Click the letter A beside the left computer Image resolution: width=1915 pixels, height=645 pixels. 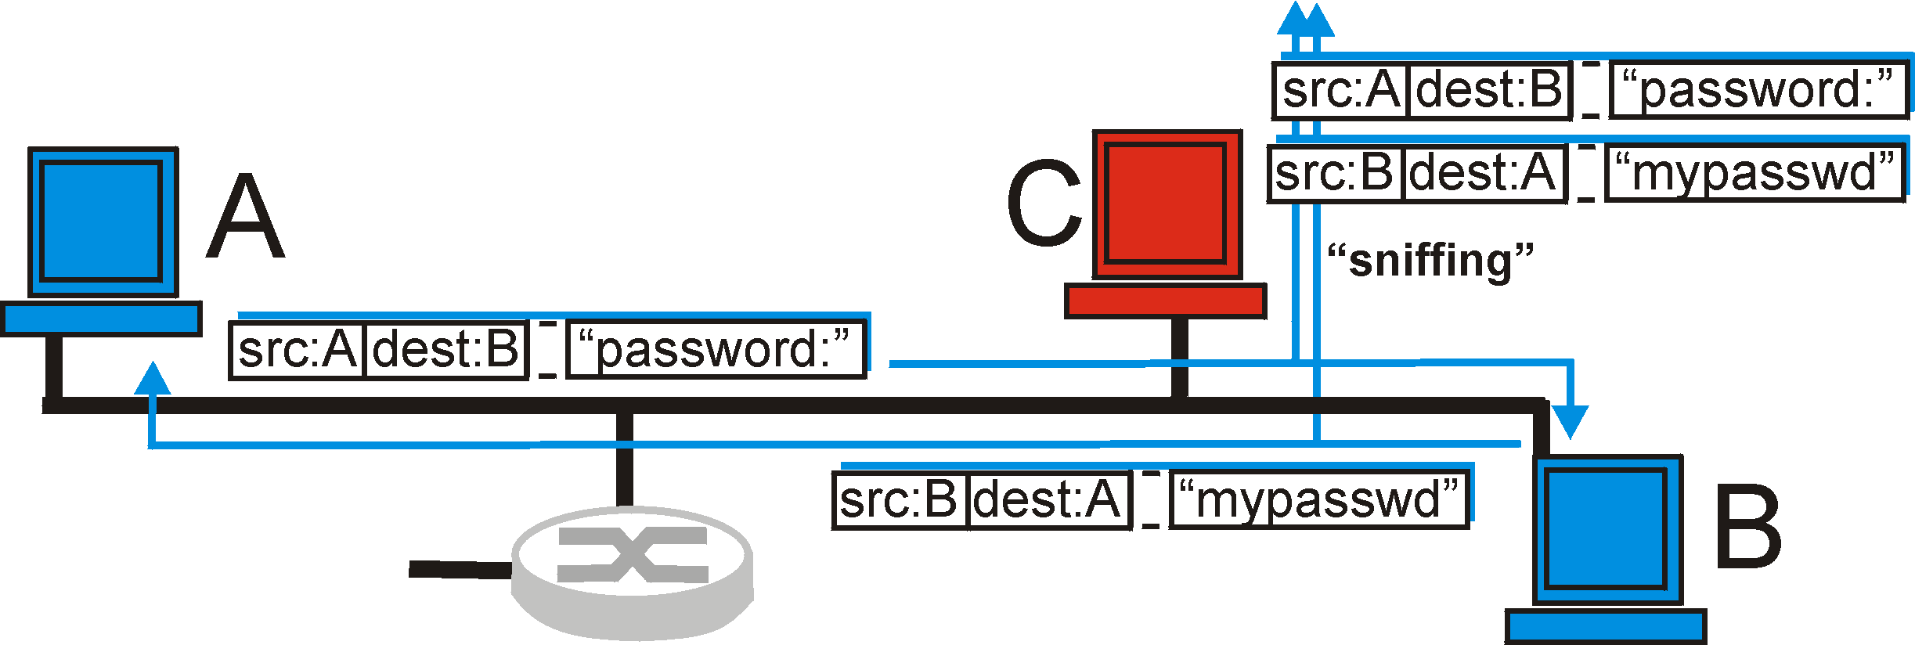(x=245, y=217)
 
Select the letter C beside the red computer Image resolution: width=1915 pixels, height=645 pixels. (x=1044, y=202)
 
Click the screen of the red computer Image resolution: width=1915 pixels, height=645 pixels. (x=1167, y=204)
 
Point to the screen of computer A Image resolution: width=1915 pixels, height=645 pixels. (x=103, y=221)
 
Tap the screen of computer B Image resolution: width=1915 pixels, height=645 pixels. (x=1607, y=528)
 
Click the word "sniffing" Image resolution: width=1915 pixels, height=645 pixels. (x=1430, y=260)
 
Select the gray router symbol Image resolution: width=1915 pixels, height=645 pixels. (x=632, y=571)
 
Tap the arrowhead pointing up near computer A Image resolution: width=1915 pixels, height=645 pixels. (x=153, y=378)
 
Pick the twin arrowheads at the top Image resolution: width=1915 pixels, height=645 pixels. (x=1305, y=19)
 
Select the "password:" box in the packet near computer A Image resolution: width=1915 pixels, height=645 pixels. (x=716, y=349)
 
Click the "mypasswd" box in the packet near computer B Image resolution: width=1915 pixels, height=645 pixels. (x=1319, y=499)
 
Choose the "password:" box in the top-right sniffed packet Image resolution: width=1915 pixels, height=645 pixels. (x=1758, y=89)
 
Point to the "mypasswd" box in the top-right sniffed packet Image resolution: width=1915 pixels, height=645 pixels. (x=1754, y=173)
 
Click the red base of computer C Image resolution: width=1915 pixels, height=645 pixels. (x=1165, y=301)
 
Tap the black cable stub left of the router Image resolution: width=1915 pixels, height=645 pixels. (x=460, y=569)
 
